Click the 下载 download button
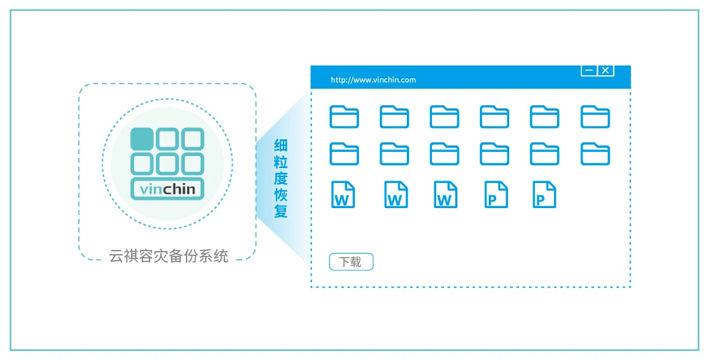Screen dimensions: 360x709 click(351, 262)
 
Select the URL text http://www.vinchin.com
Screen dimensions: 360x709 click(373, 80)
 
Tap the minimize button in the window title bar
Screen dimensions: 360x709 click(589, 71)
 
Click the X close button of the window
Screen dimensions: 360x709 click(605, 71)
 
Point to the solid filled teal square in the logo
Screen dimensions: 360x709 click(142, 138)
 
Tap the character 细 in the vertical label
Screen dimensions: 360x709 click(281, 145)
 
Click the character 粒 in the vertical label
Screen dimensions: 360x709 click(281, 162)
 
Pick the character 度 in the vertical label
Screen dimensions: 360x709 click(281, 178)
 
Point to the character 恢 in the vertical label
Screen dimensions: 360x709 click(281, 195)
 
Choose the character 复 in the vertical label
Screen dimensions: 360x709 click(281, 211)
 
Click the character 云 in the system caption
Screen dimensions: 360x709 click(116, 257)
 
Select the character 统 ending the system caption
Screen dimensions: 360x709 click(221, 257)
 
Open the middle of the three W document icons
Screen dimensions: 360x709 click(395, 195)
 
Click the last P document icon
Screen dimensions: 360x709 click(544, 195)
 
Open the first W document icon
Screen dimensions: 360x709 click(343, 195)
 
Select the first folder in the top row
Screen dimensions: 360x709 click(344, 117)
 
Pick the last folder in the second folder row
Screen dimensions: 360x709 click(595, 154)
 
